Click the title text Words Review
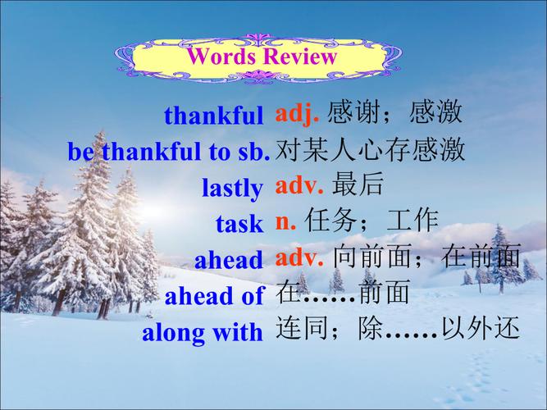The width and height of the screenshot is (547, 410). [262, 57]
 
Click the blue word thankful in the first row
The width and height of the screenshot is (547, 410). [214, 115]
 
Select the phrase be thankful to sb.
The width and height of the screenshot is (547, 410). [169, 151]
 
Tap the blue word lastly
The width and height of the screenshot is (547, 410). [232, 188]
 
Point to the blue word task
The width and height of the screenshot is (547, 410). [239, 223]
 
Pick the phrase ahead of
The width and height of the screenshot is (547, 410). [215, 295]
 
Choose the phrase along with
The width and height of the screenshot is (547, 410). [203, 332]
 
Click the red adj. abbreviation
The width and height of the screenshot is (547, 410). [297, 113]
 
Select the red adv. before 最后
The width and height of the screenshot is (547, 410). [300, 185]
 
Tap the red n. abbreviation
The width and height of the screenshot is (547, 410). [287, 221]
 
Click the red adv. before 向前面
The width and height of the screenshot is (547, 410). [300, 257]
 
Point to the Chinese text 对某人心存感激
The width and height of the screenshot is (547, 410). [371, 149]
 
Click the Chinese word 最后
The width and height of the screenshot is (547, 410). [358, 185]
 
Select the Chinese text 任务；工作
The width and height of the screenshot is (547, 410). [372, 221]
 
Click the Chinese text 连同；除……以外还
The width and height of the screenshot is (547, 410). [398, 330]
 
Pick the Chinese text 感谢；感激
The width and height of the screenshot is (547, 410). [394, 113]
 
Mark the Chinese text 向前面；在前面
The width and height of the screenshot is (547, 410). [427, 257]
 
